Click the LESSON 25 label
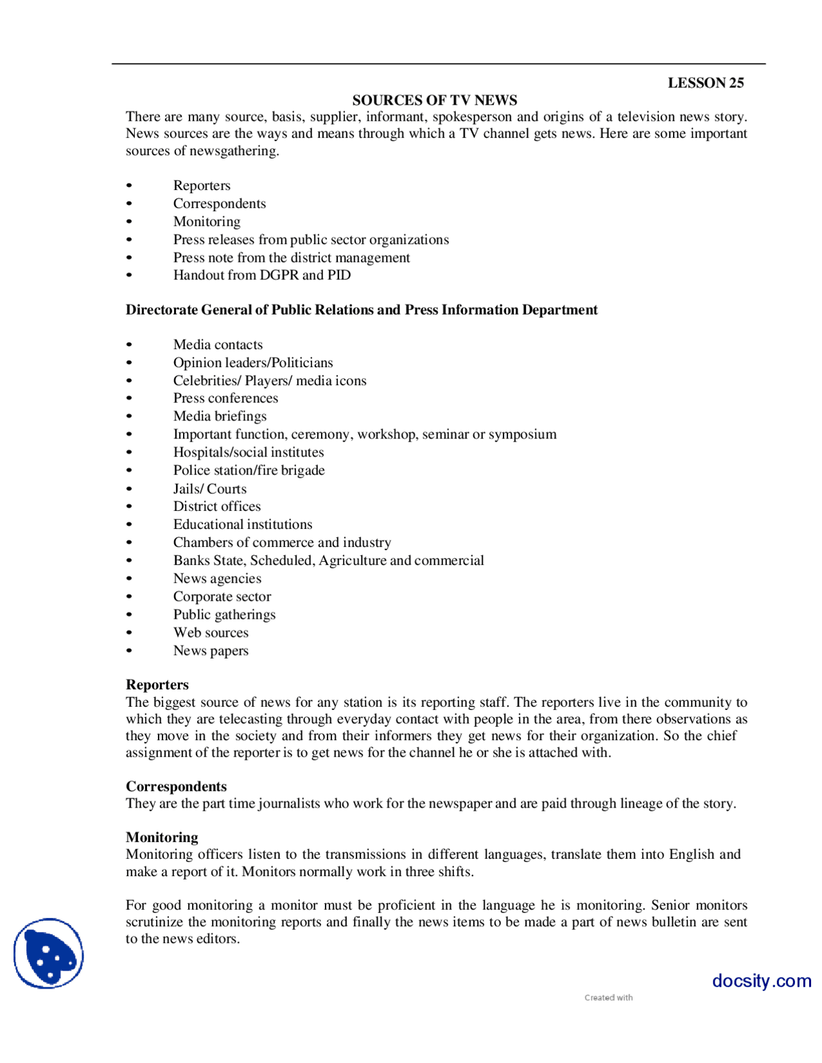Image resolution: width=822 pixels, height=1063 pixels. coord(705,83)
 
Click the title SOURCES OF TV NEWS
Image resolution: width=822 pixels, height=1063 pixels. coord(435,100)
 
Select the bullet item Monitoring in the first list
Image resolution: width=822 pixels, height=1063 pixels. coord(207,221)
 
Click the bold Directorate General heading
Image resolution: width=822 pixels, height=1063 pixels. coord(362,310)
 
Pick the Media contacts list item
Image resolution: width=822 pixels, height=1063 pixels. coord(218,345)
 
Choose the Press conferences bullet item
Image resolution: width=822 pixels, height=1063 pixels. coord(225,398)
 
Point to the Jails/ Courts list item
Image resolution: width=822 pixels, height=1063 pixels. coord(209,488)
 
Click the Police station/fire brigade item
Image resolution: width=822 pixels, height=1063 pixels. coord(249,471)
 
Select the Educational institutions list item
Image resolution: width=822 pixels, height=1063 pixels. coord(243,524)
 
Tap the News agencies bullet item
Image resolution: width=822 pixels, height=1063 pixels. coord(217,578)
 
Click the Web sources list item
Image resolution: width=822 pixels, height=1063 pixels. coord(211,632)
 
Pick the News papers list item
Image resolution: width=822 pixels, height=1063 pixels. coord(211,650)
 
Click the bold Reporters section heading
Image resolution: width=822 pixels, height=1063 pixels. coord(157,685)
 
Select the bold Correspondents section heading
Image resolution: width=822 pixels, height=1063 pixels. coord(176,786)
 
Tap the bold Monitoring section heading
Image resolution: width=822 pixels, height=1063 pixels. coord(162,837)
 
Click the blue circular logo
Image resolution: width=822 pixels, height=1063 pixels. coord(49,953)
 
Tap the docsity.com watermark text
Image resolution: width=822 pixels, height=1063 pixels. coord(761,981)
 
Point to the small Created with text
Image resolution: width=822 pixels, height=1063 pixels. coord(608,998)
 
